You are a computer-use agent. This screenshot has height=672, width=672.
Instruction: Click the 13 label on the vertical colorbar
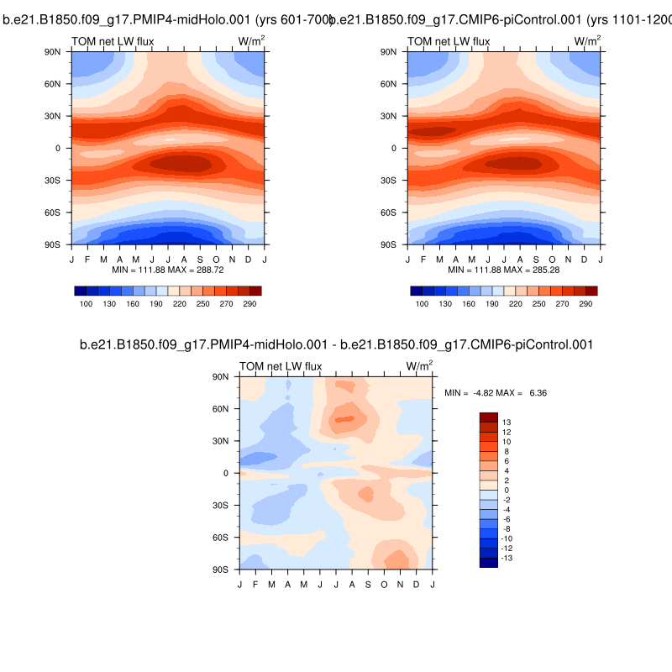pos(506,422)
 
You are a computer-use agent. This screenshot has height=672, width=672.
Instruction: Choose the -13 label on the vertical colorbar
pos(507,558)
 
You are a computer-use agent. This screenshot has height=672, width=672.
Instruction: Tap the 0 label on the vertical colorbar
pos(505,490)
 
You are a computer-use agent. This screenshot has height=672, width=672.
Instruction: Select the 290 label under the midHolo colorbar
pos(250,303)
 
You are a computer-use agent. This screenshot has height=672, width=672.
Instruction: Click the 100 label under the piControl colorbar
pos(423,303)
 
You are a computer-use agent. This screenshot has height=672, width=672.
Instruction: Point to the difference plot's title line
pos(336,344)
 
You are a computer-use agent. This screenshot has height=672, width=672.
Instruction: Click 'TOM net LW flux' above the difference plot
pos(281,366)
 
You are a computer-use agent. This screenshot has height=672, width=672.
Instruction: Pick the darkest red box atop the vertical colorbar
pos(489,417)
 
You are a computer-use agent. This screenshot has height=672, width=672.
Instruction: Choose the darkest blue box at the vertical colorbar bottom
pos(489,563)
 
